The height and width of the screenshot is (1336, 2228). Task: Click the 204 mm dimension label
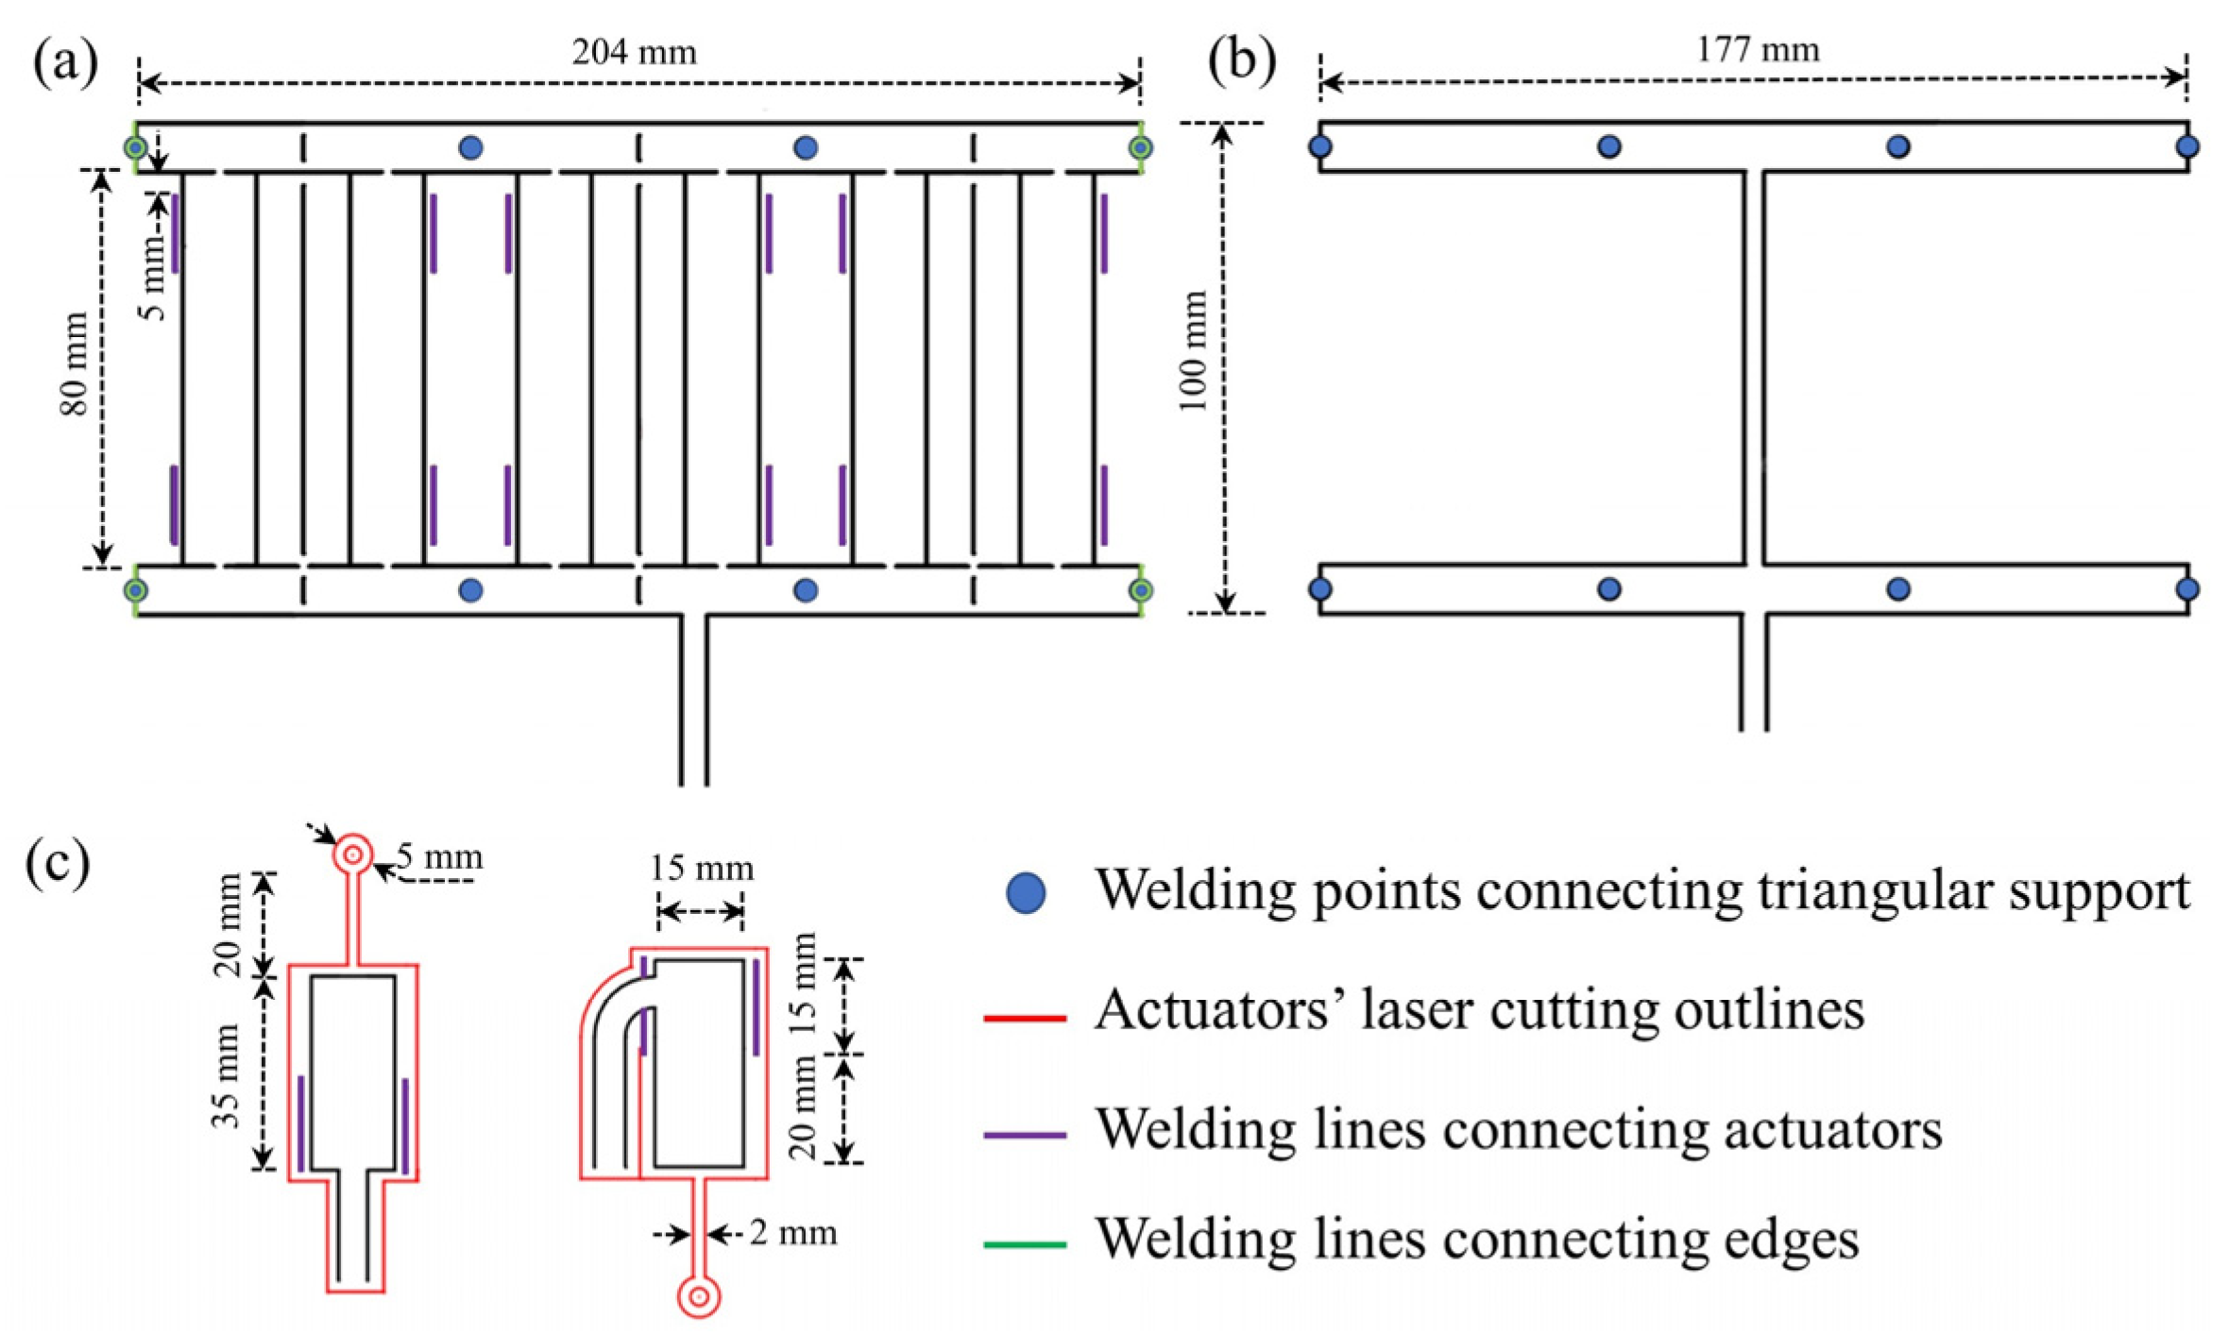coord(634,51)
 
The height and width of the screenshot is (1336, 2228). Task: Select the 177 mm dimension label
coord(1757,48)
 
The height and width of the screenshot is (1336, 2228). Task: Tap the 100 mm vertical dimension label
coord(1193,350)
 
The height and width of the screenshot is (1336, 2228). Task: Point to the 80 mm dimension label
coord(74,364)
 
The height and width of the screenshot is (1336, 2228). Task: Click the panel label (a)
coord(65,62)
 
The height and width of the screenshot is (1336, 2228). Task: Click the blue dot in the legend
coord(1026,892)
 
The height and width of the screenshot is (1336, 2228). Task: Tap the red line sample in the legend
coord(1025,1018)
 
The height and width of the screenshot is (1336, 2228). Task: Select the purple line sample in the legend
coord(1025,1134)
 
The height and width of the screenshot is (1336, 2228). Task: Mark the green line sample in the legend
coord(1025,1244)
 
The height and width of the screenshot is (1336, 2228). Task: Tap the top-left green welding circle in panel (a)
coord(136,147)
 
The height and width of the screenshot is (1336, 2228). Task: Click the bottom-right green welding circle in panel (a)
coord(1141,590)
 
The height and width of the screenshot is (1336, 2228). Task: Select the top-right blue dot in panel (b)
coord(2187,146)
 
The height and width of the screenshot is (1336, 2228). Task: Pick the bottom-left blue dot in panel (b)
coord(1320,589)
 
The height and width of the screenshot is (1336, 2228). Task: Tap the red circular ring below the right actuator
coord(699,1297)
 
